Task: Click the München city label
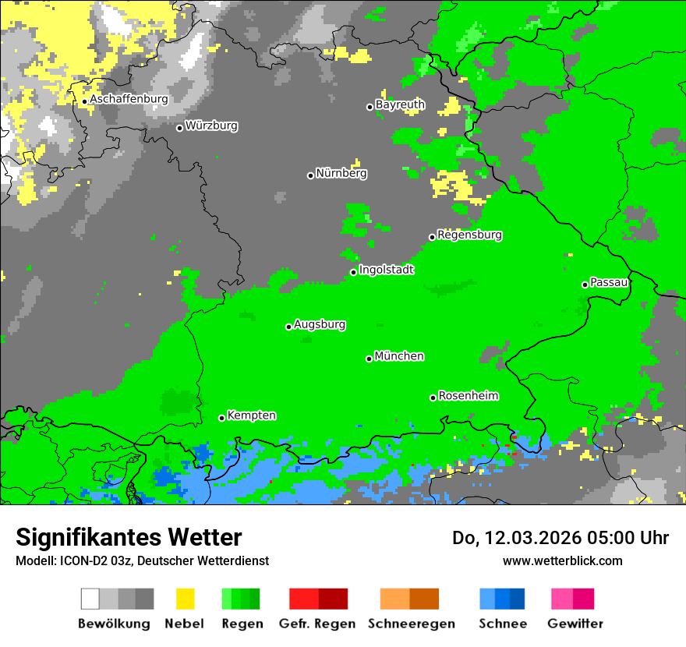tap(399, 356)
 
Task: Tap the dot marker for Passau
tap(585, 285)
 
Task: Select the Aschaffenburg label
tap(129, 100)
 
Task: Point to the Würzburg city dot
tap(179, 128)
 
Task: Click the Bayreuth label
tap(400, 104)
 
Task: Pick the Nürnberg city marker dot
tap(310, 175)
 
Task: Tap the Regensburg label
tap(469, 235)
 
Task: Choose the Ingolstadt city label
tap(386, 270)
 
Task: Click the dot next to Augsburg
tap(288, 327)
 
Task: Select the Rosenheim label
tap(469, 396)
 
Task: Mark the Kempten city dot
tap(221, 418)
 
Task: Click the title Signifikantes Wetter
tap(129, 537)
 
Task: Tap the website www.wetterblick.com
tap(562, 560)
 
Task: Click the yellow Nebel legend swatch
tap(185, 599)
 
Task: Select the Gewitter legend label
tap(575, 624)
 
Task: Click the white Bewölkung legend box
tap(90, 599)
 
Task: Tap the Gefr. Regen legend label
tap(316, 624)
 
